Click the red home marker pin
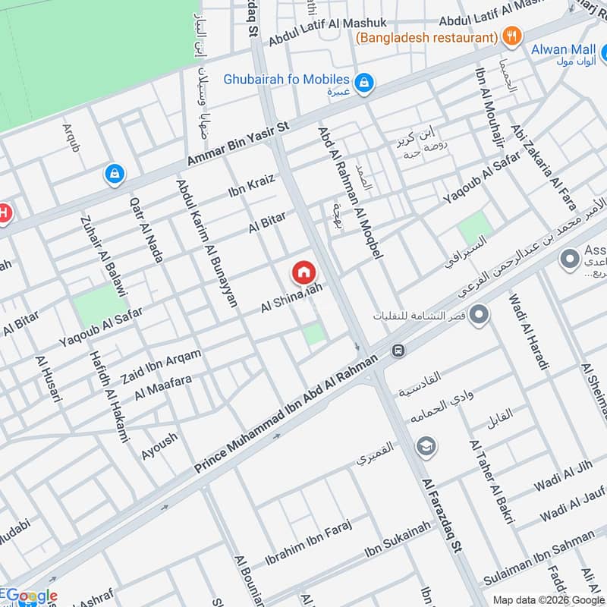pos(303,272)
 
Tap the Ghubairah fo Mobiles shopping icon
pos(364,83)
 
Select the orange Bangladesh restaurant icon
pos(513,36)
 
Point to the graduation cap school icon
pos(426,445)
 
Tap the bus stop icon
pos(397,351)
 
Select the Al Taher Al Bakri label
pos(492,482)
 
